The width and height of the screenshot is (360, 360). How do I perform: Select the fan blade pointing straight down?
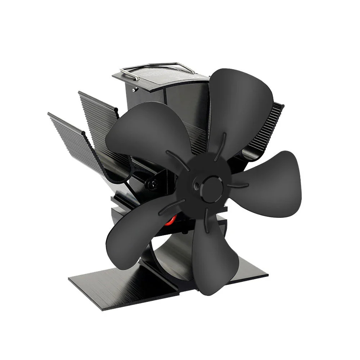coord(210,252)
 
